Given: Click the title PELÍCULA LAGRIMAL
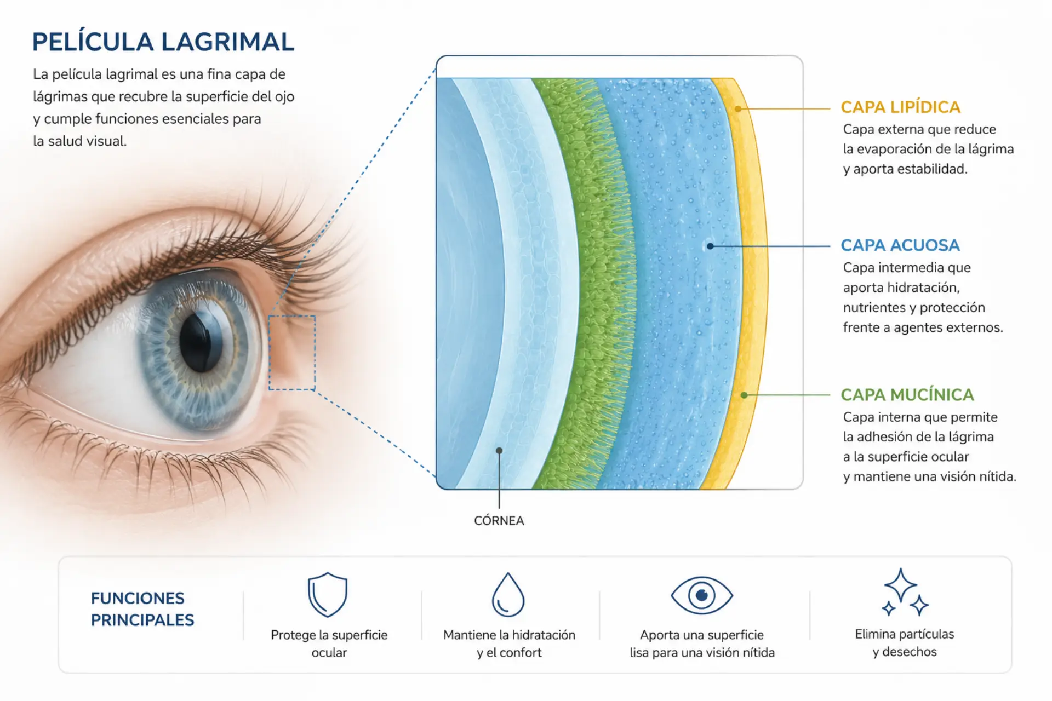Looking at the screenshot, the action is click(x=163, y=42).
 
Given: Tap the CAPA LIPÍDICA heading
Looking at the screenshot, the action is click(x=900, y=107).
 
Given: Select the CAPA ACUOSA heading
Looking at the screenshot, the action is click(x=900, y=245).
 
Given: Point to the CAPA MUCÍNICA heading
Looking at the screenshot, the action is click(x=907, y=394).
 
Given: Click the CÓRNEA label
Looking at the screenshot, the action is click(x=499, y=520).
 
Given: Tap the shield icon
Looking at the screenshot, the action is click(x=328, y=595).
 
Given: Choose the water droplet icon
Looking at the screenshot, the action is click(x=508, y=595).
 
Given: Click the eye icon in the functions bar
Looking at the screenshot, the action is click(x=702, y=595).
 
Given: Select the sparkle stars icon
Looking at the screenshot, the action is click(x=905, y=593).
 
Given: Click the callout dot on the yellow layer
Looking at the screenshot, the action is click(x=738, y=109).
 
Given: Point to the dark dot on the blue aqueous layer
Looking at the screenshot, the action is click(x=710, y=246).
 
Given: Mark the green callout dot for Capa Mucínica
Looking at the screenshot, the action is click(x=744, y=395).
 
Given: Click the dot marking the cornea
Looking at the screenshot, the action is click(x=499, y=451).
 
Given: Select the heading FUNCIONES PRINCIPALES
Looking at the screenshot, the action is click(x=142, y=609).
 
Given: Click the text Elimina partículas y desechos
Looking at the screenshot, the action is click(x=905, y=643).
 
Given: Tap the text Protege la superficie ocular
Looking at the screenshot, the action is click(x=329, y=643).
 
